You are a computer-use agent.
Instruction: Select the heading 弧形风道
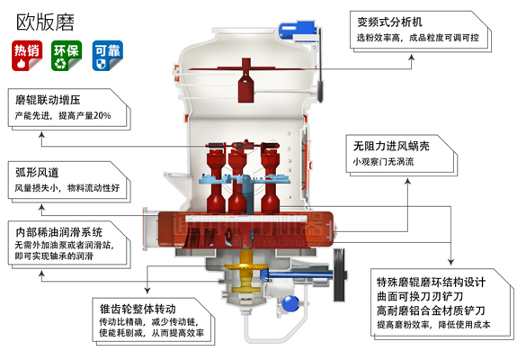[x=37, y=171]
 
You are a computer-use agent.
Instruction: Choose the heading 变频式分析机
[x=391, y=21]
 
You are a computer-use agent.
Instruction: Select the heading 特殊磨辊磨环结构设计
[x=431, y=279]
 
